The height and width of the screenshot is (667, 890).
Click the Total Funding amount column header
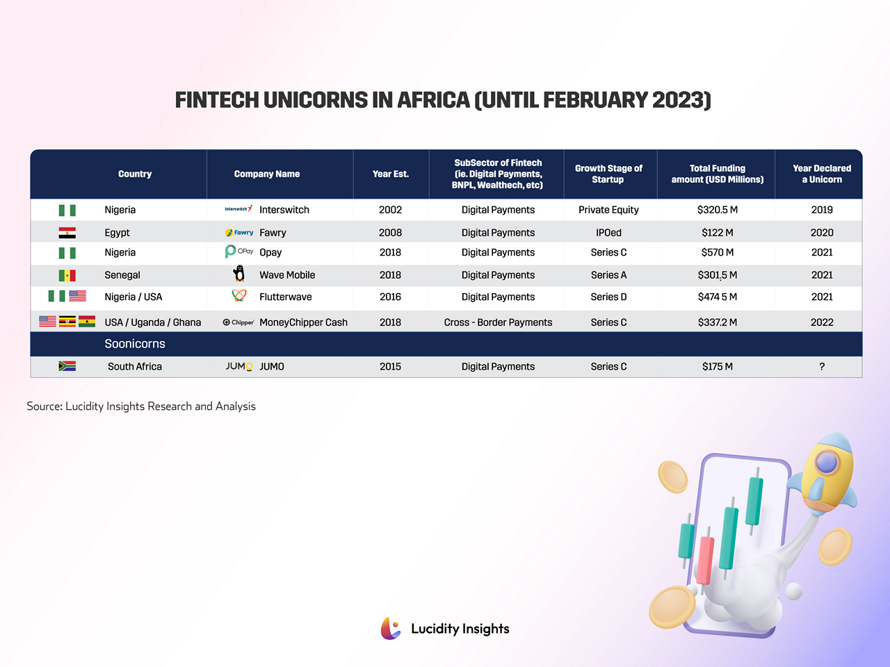[x=717, y=174]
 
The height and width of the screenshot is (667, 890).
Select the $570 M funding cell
[x=717, y=252]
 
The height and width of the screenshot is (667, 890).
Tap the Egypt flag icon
[x=67, y=233]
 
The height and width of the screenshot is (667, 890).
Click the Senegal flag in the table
[x=67, y=275]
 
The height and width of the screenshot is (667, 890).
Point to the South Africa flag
[x=67, y=366]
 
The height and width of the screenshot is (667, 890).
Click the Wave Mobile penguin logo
[x=239, y=274]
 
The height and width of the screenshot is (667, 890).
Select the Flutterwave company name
[x=285, y=297]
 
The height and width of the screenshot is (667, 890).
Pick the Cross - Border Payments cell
[x=498, y=322]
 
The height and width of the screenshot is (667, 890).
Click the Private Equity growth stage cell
[x=608, y=210]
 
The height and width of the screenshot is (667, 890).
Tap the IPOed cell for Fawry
[x=608, y=233]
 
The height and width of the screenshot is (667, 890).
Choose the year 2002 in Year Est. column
[x=390, y=210]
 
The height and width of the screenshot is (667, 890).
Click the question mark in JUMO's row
[x=822, y=367]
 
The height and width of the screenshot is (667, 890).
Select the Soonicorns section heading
[x=135, y=344]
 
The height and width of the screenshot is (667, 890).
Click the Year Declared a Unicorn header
[x=822, y=174]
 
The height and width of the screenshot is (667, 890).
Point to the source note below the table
[x=141, y=406]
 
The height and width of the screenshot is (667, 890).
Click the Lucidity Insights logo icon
[x=391, y=628]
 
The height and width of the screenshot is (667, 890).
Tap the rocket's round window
[x=827, y=462]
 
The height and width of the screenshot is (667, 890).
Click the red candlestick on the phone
[x=705, y=559]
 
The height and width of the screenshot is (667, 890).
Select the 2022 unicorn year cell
[x=822, y=322]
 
